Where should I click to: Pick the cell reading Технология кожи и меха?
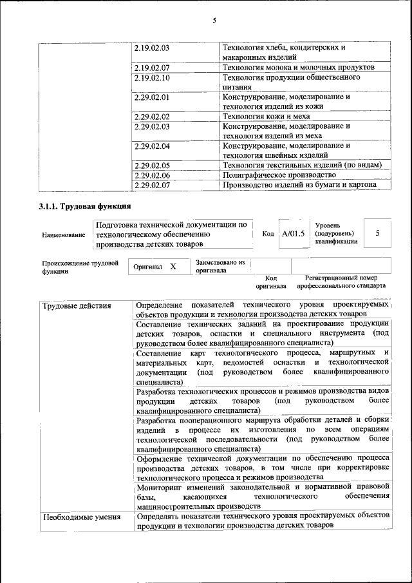tap(266, 117)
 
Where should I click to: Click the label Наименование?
tap(63, 235)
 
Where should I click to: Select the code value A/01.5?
tap(293, 234)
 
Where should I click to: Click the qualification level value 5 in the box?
tap(378, 233)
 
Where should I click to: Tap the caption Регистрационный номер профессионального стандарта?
tap(341, 281)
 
